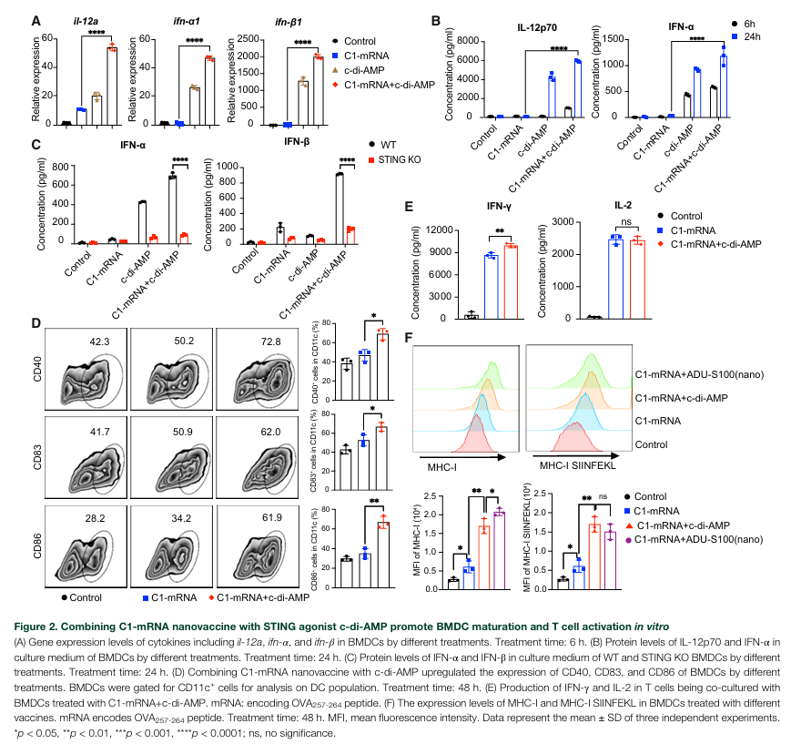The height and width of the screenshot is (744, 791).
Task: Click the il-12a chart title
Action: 76,20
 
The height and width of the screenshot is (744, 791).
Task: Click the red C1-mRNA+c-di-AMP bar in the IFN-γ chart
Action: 510,282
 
